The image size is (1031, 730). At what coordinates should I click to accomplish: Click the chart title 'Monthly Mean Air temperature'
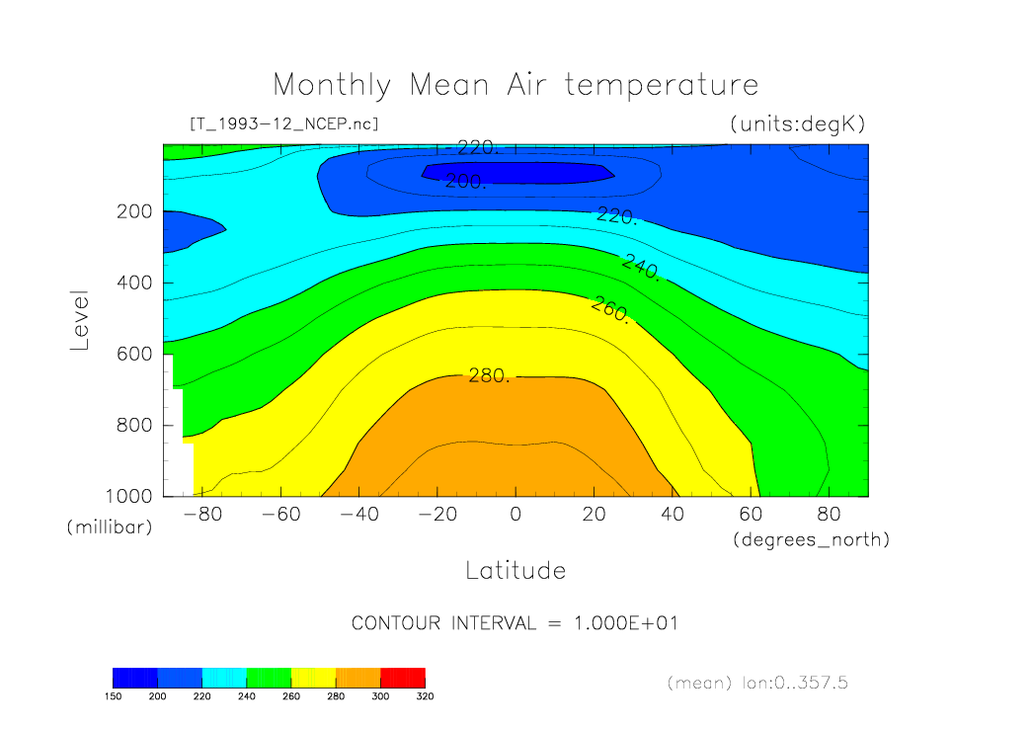pos(515,84)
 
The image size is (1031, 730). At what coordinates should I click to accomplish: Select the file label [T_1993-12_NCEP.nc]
pos(283,123)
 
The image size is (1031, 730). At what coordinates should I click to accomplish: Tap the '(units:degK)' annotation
pos(797,123)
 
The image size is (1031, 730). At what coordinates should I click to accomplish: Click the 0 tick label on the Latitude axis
pos(515,514)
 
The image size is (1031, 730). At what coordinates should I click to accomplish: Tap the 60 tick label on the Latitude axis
pos(751,514)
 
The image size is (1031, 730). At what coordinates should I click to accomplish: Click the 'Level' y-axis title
pos(81,320)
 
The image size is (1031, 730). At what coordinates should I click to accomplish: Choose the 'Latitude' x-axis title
pos(515,570)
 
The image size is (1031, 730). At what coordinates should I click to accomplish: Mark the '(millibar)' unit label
pos(110,527)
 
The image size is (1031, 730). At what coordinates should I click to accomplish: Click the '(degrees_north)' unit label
pos(811,540)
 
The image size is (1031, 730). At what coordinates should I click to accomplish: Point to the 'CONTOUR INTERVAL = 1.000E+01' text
pos(515,623)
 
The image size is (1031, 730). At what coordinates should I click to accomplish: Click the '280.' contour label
pos(488,375)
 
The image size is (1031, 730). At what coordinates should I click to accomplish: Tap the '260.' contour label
pos(609,309)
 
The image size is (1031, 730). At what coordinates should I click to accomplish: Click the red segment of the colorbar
pos(403,678)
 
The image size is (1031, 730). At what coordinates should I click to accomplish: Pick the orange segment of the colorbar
pos(357,678)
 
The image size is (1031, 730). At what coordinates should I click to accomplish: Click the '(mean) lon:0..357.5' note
pos(757,683)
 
